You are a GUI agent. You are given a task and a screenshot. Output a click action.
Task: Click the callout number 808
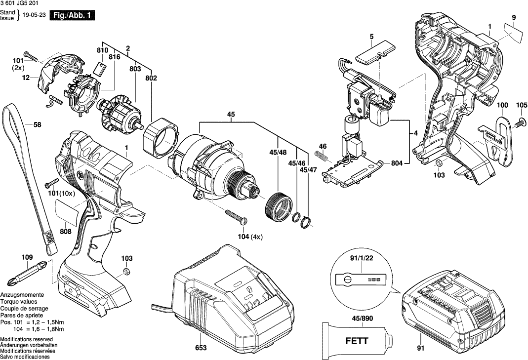(x=65, y=232)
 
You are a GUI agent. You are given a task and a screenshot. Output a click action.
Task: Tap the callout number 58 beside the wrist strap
(x=37, y=124)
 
